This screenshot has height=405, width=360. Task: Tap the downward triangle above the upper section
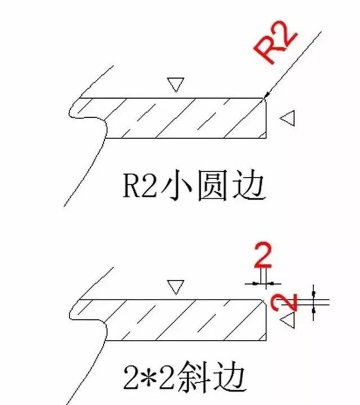(x=176, y=83)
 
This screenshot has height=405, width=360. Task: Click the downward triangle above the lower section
(x=176, y=286)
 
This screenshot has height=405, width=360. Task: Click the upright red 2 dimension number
(x=263, y=256)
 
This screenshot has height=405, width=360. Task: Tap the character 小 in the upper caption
(x=176, y=185)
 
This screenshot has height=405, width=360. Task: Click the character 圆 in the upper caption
(x=212, y=185)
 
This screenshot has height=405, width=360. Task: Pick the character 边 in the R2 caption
(x=249, y=185)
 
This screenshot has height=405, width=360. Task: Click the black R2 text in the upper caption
(x=140, y=185)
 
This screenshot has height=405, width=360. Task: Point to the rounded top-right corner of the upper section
(x=264, y=100)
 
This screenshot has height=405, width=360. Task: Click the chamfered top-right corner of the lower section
(x=264, y=301)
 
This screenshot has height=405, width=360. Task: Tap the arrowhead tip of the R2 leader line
(x=264, y=99)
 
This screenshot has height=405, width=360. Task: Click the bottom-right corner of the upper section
(x=266, y=138)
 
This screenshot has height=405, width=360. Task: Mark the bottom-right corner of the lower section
(x=266, y=340)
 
